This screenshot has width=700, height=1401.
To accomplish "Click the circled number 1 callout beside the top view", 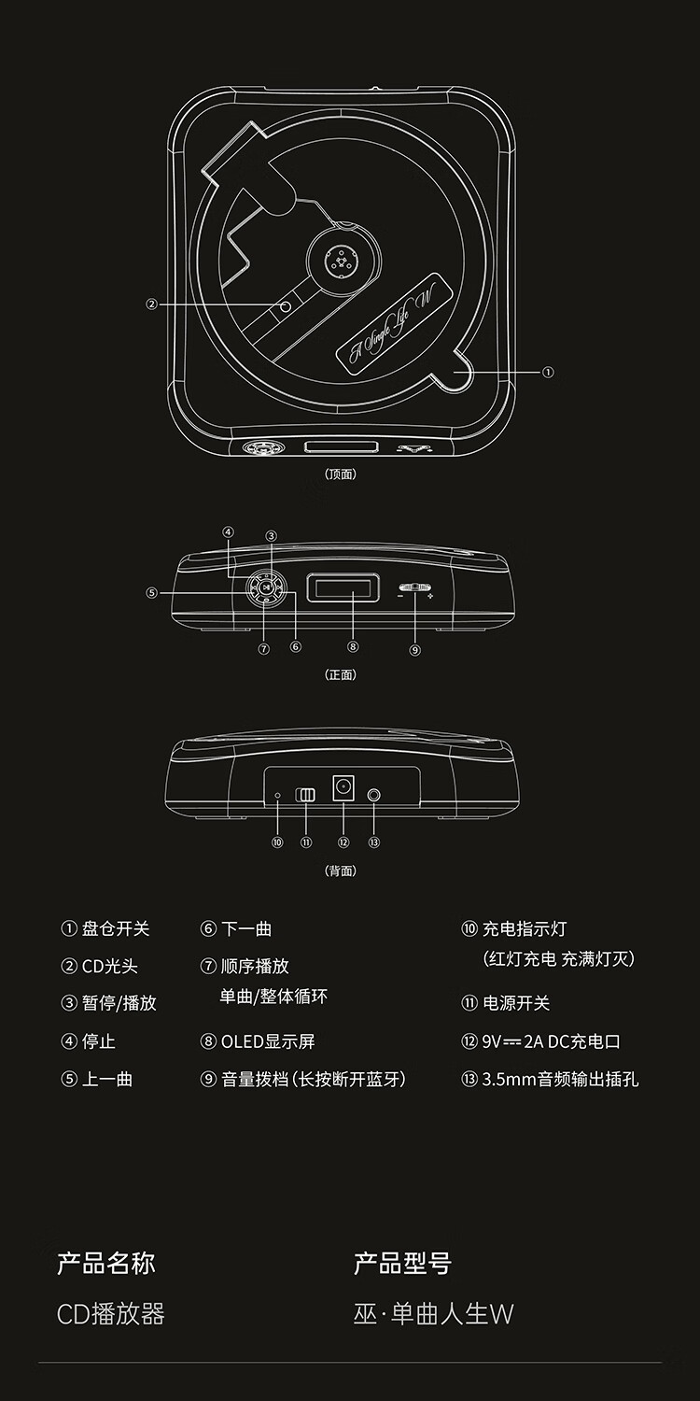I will tap(548, 372).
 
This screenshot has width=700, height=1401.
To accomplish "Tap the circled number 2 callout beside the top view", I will tap(151, 304).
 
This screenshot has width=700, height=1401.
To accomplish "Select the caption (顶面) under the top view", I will tap(341, 474).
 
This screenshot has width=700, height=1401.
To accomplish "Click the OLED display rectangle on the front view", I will tap(343, 588).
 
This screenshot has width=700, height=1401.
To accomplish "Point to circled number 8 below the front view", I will tap(353, 645).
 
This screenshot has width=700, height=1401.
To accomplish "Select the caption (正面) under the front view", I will tap(341, 674).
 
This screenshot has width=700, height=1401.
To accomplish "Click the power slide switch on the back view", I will tap(306, 795).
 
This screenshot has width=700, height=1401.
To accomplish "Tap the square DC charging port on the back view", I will tap(343, 788).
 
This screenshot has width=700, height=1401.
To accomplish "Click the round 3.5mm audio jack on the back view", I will tap(374, 795).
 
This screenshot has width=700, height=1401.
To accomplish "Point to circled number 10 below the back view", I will tap(277, 842).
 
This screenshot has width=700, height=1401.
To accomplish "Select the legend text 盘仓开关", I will tap(116, 928).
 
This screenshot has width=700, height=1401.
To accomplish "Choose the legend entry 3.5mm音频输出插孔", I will tap(560, 1079).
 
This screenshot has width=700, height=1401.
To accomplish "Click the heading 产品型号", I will tap(402, 1264).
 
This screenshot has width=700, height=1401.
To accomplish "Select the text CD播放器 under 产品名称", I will tap(111, 1314).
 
